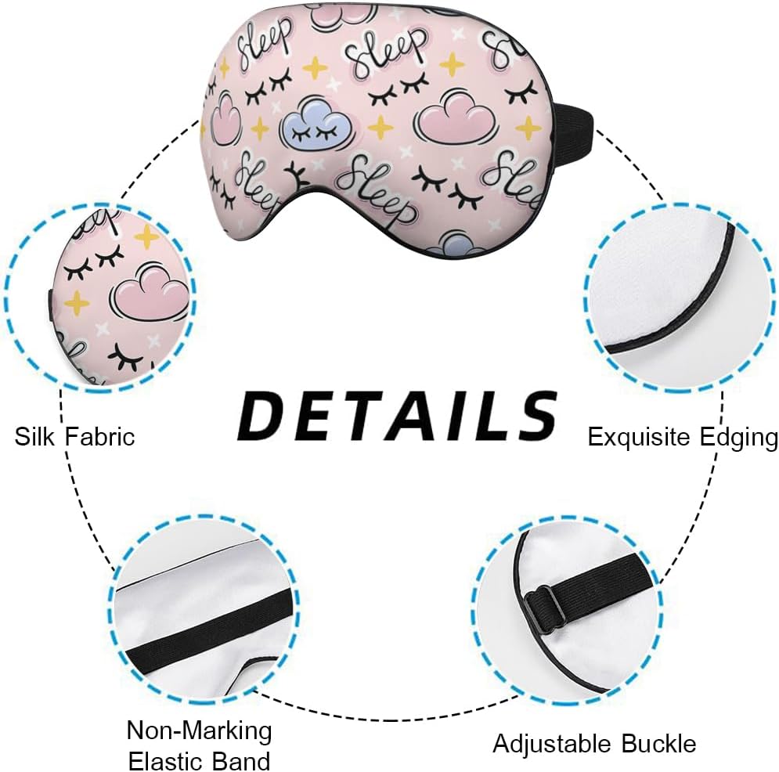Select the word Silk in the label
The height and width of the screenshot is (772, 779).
coord(36,436)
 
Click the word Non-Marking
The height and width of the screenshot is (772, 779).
coord(199,731)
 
